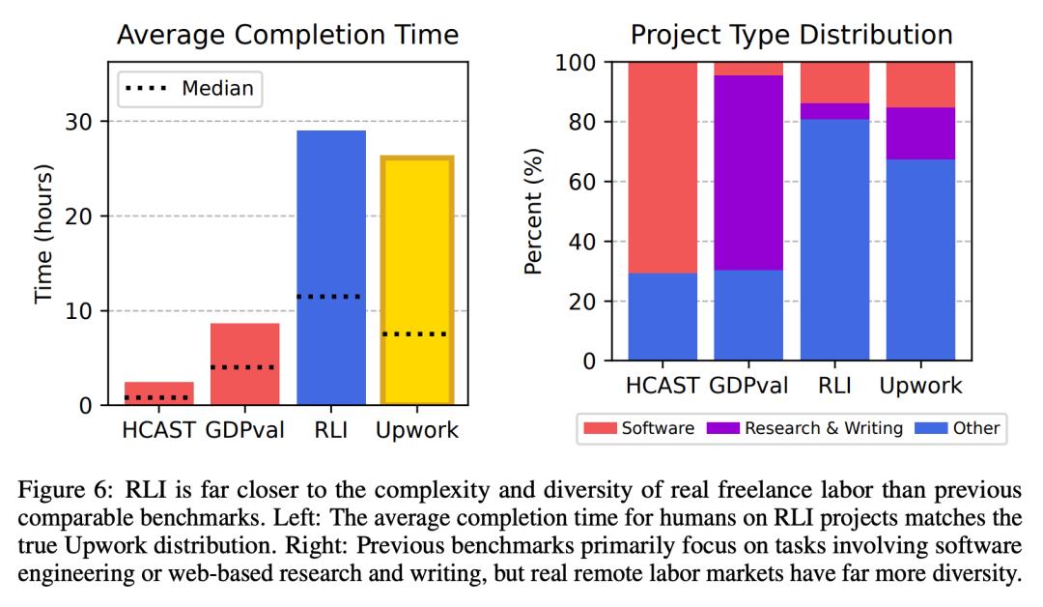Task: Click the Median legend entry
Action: click(190, 89)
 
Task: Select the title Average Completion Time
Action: click(287, 37)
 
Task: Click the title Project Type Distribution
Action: click(791, 36)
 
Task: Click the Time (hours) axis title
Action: click(43, 235)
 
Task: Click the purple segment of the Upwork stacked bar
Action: click(920, 133)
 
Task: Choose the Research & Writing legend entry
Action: click(821, 427)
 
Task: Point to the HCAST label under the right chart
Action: click(662, 385)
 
